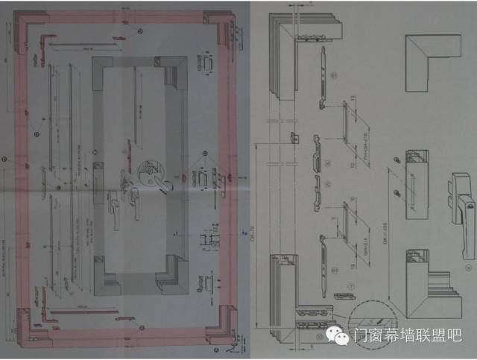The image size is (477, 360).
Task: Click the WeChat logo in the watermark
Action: click(342, 337)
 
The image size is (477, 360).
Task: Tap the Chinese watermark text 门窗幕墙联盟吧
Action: click(407, 337)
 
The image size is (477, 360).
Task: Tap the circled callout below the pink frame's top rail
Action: click(139, 32)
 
